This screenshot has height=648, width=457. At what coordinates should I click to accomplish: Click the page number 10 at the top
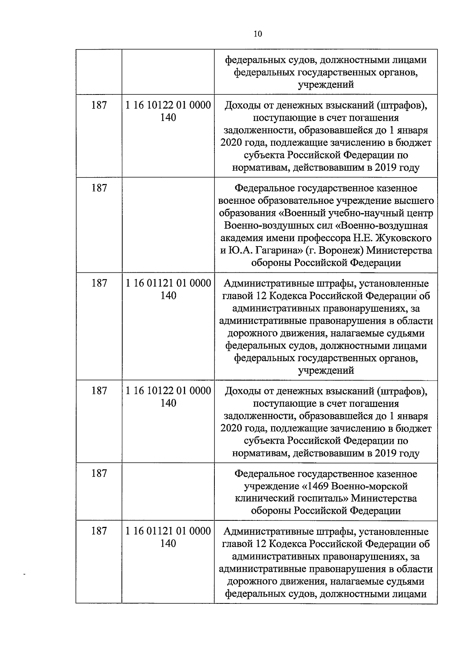[x=257, y=34]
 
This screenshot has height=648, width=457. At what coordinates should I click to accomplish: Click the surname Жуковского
[x=404, y=238]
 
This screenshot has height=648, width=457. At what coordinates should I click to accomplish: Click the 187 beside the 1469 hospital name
[x=99, y=474]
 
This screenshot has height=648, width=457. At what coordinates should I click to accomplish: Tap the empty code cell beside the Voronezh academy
[x=168, y=225]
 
